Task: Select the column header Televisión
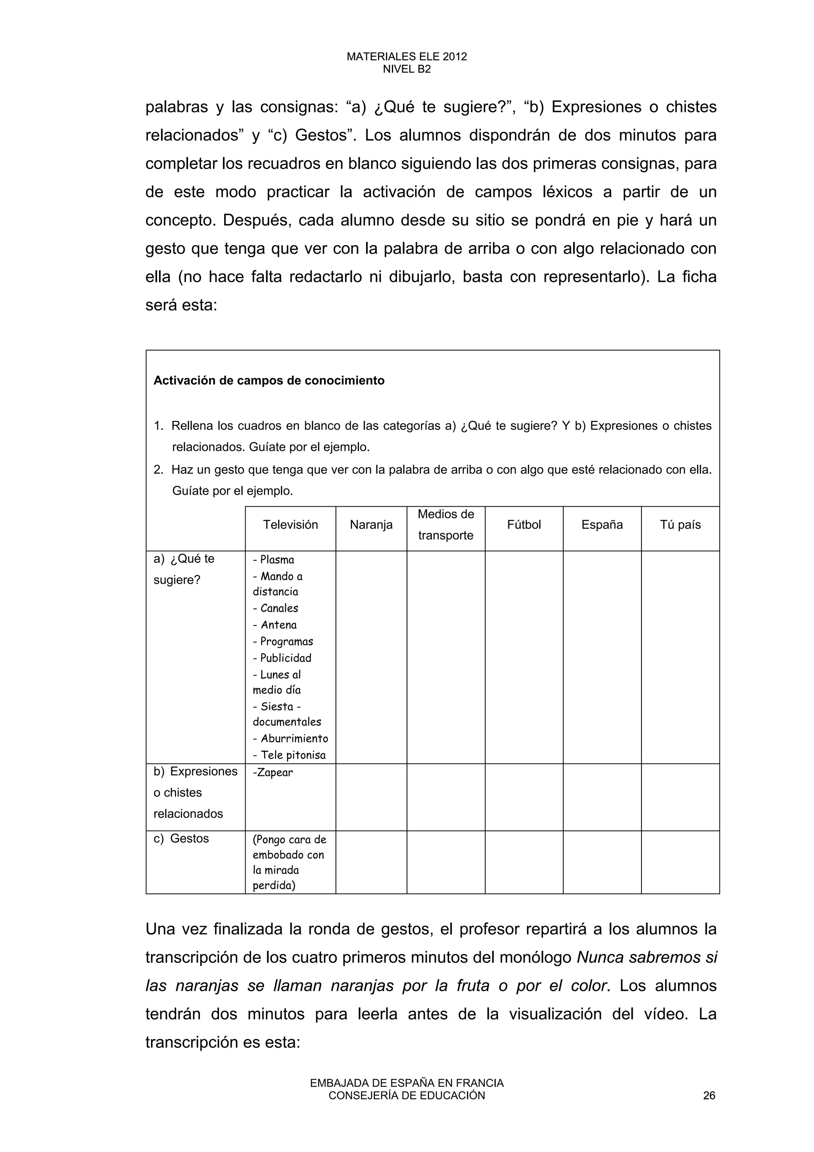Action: pyautogui.click(x=291, y=525)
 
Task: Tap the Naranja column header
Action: pyautogui.click(x=371, y=525)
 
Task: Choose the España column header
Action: pyautogui.click(x=602, y=525)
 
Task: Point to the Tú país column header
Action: pyautogui.click(x=680, y=525)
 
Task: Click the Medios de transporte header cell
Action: pyautogui.click(x=446, y=525)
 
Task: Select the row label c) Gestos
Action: pyautogui.click(x=182, y=838)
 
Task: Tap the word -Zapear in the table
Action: pyautogui.click(x=273, y=772)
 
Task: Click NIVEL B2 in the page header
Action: pyautogui.click(x=407, y=69)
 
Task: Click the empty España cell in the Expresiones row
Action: pyautogui.click(x=602, y=797)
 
